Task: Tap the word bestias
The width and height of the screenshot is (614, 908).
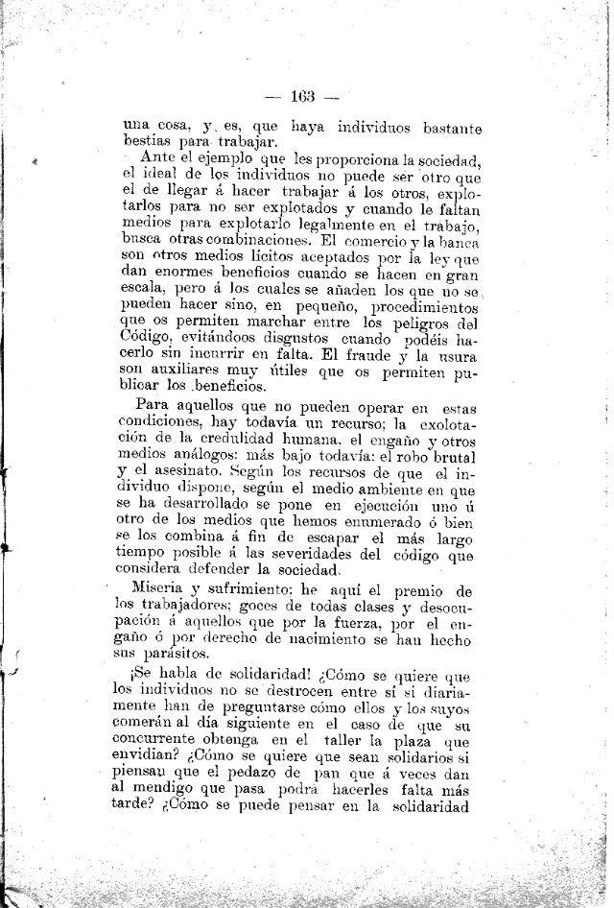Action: coord(152,144)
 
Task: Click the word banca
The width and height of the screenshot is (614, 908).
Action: coord(457,245)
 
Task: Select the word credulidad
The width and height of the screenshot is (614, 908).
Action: coord(218,437)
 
